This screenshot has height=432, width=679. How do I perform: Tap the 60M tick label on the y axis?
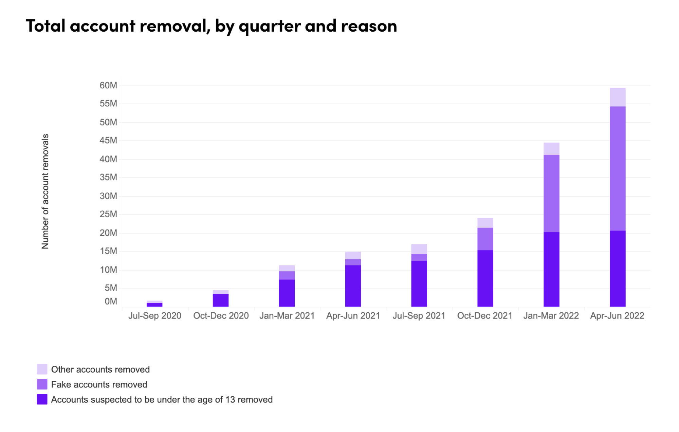pyautogui.click(x=108, y=86)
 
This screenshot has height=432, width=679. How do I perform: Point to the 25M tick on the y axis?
pyautogui.click(x=108, y=214)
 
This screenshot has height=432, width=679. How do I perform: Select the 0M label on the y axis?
pyautogui.click(x=111, y=301)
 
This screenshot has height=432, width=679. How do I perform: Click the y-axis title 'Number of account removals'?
pyautogui.click(x=45, y=191)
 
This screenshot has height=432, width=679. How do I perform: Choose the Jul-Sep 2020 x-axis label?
pyautogui.click(x=154, y=316)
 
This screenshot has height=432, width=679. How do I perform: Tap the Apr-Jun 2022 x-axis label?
pyautogui.click(x=617, y=316)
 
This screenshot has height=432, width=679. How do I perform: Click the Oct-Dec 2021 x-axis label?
pyautogui.click(x=484, y=316)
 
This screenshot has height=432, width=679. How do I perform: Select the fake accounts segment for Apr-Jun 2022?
pyautogui.click(x=617, y=168)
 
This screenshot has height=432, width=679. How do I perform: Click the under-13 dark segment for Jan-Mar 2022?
pyautogui.click(x=551, y=269)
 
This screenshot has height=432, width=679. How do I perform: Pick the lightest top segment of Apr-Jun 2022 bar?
pyautogui.click(x=617, y=97)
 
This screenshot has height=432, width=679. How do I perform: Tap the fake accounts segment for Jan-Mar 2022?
pyautogui.click(x=551, y=193)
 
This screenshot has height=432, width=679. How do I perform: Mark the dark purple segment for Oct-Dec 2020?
pyautogui.click(x=220, y=300)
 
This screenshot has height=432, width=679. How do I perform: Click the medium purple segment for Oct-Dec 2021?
pyautogui.click(x=485, y=239)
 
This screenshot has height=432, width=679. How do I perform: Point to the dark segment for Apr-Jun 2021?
pyautogui.click(x=353, y=286)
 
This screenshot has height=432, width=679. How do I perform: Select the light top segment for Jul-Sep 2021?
pyautogui.click(x=419, y=249)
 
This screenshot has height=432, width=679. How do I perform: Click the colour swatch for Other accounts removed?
pyautogui.click(x=42, y=369)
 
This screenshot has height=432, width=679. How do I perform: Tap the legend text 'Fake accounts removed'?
pyautogui.click(x=99, y=384)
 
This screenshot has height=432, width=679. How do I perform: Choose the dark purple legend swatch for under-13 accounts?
pyautogui.click(x=42, y=399)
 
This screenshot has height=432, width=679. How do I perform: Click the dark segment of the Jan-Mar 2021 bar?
pyautogui.click(x=287, y=293)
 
